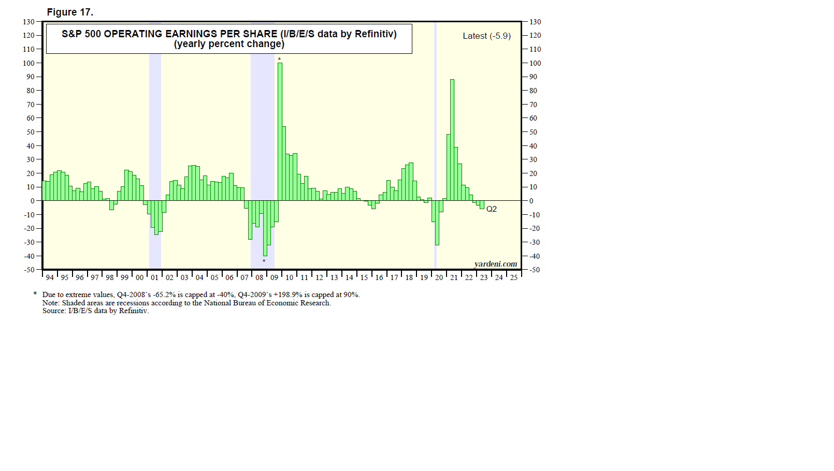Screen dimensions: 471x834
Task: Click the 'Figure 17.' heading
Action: (70, 12)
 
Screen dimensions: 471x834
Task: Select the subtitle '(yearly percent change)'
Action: (229, 44)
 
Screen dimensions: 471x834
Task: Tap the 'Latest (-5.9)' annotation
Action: (486, 36)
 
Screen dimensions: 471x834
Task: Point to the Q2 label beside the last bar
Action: (492, 209)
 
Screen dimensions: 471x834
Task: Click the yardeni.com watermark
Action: (495, 264)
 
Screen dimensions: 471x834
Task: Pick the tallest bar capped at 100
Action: (280, 129)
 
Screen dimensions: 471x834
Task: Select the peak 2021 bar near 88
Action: (452, 140)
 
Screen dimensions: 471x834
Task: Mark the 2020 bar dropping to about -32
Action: (437, 223)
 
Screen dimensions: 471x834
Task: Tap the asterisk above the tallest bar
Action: (279, 60)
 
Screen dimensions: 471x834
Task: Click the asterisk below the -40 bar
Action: (264, 261)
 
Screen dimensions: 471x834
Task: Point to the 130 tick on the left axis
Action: (28, 22)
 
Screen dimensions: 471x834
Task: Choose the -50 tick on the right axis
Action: (534, 270)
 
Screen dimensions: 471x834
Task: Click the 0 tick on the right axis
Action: (531, 201)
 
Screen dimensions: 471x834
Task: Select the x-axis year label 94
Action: (50, 277)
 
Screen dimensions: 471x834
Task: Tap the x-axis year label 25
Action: (513, 277)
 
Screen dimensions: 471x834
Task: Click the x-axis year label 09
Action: (275, 277)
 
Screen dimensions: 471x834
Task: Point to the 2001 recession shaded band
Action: (155, 129)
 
